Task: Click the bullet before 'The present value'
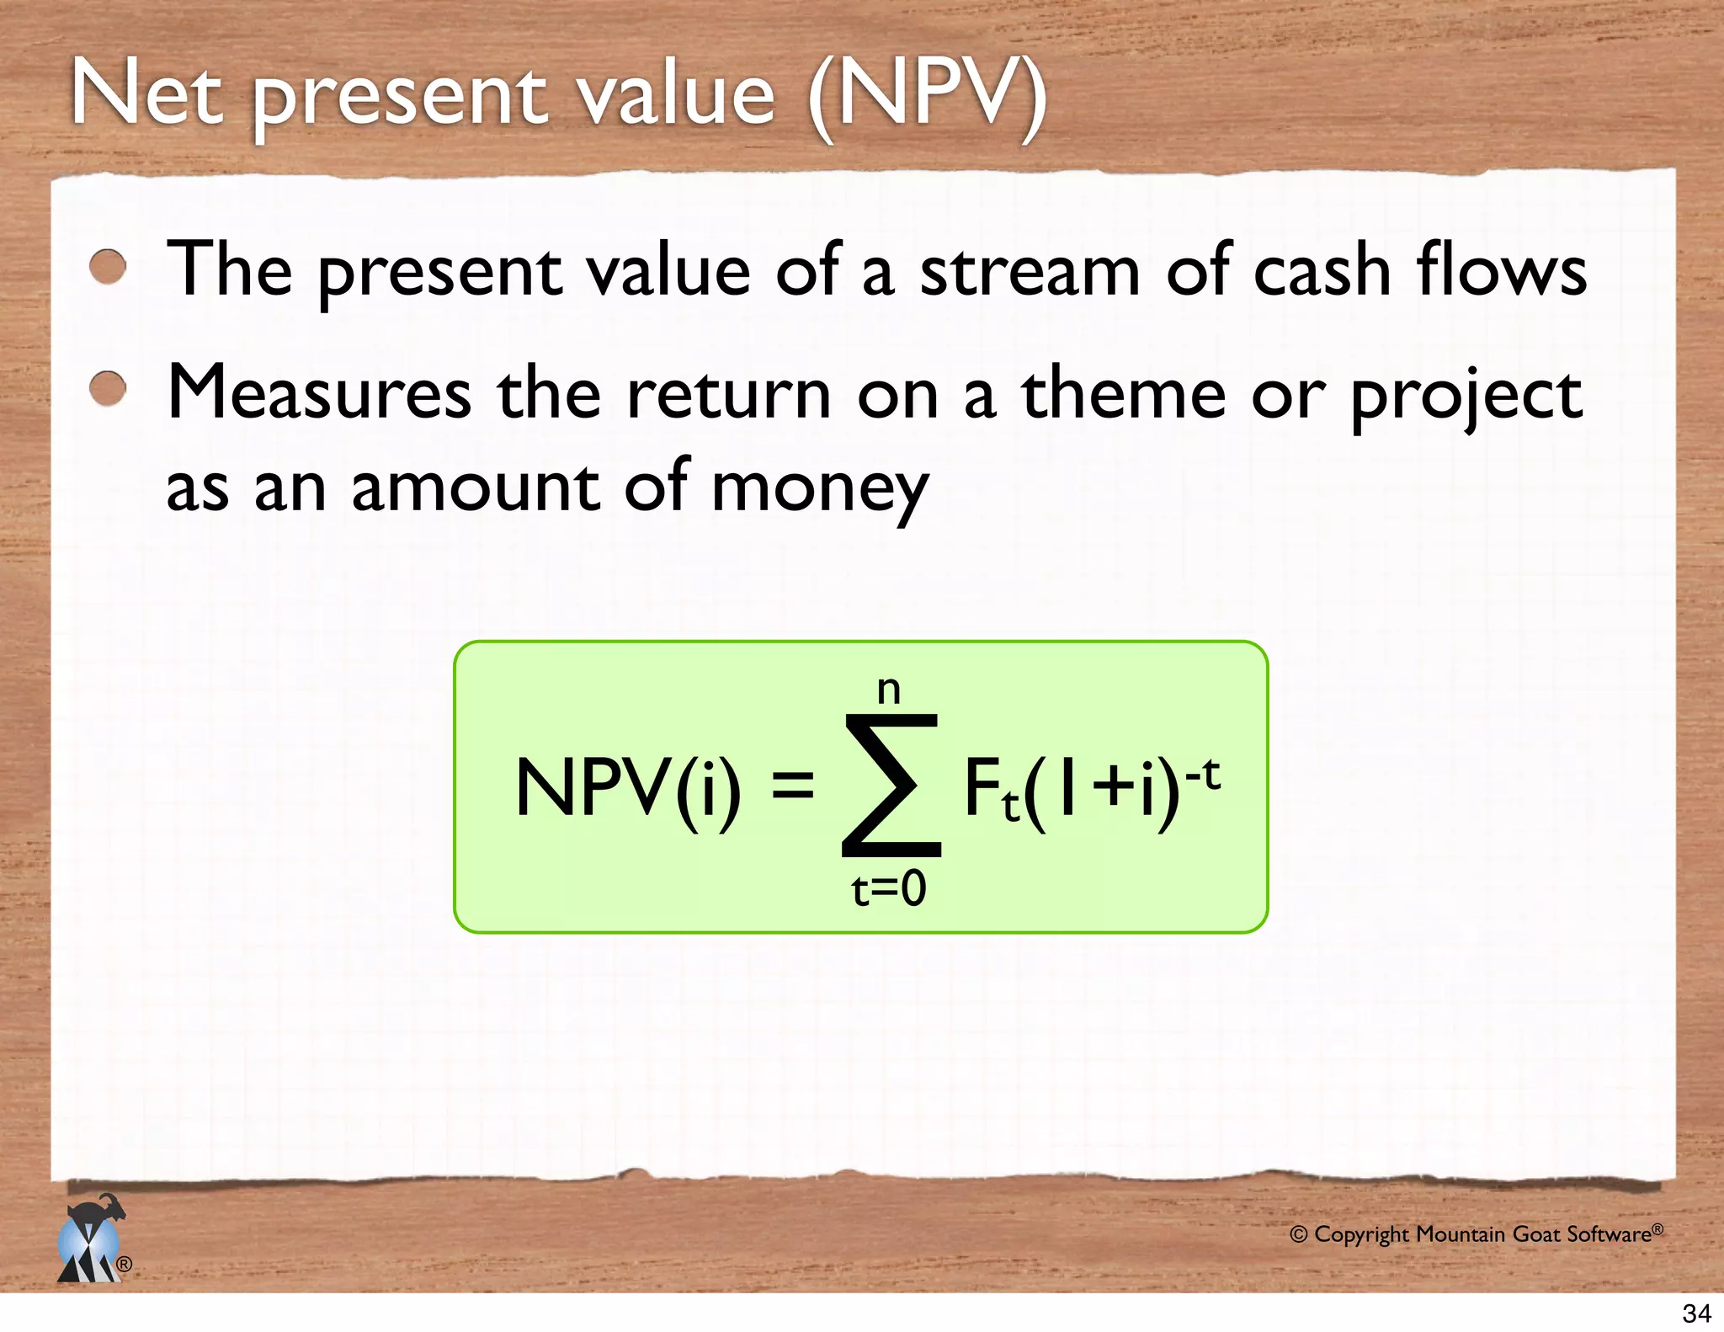(x=108, y=268)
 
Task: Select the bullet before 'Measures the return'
(x=108, y=389)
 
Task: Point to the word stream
(x=1029, y=271)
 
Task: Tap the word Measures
(x=319, y=392)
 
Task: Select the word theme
(x=1123, y=392)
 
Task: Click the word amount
(x=476, y=488)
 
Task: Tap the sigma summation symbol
(x=891, y=786)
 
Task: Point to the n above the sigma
(x=889, y=690)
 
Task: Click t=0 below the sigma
(x=889, y=889)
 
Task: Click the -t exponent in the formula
(x=1202, y=773)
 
